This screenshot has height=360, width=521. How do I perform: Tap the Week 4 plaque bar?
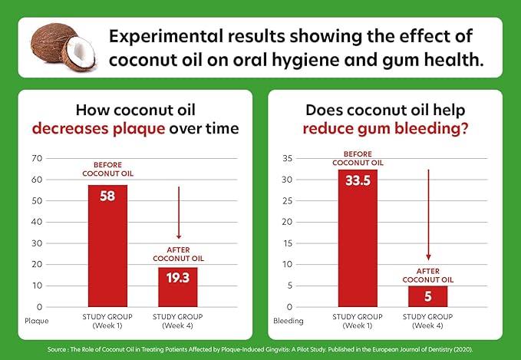[178, 287]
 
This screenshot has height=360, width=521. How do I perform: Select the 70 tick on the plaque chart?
[36, 159]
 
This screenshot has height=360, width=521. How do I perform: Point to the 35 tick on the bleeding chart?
[288, 159]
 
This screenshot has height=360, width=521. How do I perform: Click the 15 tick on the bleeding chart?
[288, 243]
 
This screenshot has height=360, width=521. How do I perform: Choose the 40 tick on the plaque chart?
[36, 223]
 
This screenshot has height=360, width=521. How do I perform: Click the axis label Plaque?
[37, 320]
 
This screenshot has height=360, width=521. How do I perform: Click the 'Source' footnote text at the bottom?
[260, 347]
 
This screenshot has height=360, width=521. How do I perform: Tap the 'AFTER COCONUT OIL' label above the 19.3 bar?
[178, 254]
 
